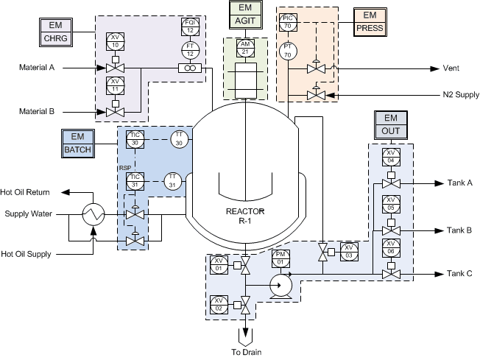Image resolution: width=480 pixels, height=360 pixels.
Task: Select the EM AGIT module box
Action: coord(244,15)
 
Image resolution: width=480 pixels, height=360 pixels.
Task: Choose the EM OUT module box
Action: coord(390,125)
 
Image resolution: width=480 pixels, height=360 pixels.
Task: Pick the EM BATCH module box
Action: coord(77,142)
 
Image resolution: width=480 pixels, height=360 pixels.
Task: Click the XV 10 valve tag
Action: coord(114,40)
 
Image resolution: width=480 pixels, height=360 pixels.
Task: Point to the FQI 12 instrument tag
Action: coord(190,27)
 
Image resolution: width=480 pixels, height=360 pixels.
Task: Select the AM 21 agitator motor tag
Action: coord(244,49)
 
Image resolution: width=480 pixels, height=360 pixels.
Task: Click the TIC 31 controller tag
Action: coord(135,181)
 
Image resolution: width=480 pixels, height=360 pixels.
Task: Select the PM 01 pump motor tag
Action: coord(280,258)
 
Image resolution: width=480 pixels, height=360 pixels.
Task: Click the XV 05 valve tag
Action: coord(391,204)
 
